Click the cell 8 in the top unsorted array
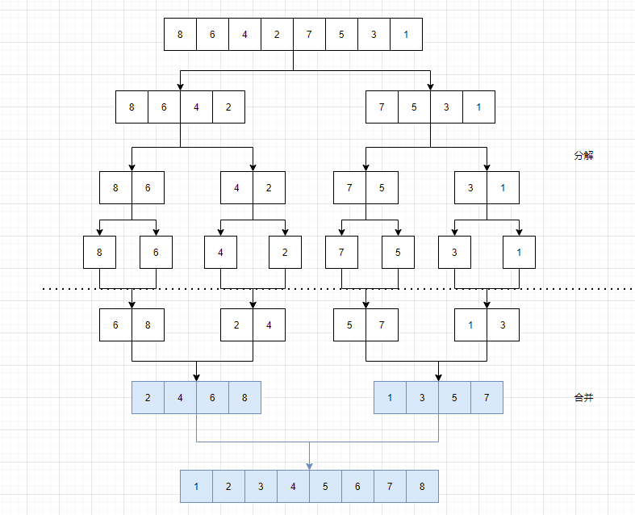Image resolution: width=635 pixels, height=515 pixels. [180, 35]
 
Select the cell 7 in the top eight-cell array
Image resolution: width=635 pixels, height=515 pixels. [309, 35]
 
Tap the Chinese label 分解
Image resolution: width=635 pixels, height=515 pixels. [583, 156]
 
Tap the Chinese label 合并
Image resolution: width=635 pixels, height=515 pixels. [583, 398]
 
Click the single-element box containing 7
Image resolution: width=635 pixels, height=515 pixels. [341, 252]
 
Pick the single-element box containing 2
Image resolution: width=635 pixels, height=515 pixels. [285, 252]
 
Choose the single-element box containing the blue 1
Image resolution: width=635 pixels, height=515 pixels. [519, 252]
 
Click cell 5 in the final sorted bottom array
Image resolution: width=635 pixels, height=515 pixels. [325, 487]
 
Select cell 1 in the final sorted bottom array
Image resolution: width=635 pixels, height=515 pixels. [196, 487]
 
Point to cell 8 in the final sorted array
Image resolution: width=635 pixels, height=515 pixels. [422, 487]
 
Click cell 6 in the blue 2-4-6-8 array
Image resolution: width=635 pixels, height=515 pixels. [212, 398]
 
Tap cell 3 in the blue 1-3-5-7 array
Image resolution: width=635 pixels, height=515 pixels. [422, 398]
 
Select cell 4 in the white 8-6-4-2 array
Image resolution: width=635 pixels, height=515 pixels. [196, 107]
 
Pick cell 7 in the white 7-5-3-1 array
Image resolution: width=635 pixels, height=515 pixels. [382, 107]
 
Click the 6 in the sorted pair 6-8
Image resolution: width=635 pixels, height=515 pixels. [115, 324]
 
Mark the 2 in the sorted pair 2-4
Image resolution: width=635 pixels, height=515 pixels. [236, 324]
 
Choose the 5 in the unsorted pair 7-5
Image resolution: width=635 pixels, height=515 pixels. [382, 188]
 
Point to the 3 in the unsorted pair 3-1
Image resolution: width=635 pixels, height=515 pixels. [470, 188]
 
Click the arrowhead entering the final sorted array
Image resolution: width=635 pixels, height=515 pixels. [309, 466]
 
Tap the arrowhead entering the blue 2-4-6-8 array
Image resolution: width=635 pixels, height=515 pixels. [196, 377]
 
